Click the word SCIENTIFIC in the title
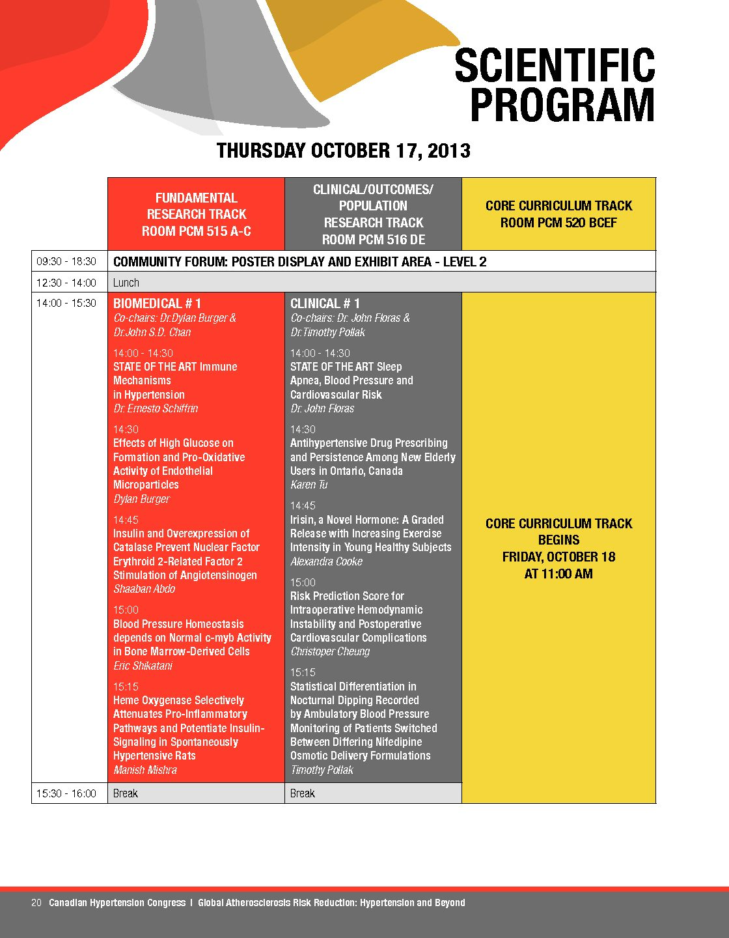(555, 65)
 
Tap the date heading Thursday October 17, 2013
(343, 150)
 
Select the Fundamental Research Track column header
(196, 214)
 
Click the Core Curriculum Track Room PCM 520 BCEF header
(558, 214)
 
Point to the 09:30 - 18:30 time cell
(66, 261)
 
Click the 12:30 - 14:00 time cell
(66, 283)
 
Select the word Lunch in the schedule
(126, 283)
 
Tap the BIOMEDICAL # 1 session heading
(157, 304)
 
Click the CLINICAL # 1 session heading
(325, 304)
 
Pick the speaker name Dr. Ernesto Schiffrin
(156, 408)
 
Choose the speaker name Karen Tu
(309, 485)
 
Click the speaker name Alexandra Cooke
(326, 561)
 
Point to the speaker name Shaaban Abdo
(144, 589)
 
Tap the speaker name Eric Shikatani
(143, 666)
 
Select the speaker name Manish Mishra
(145, 770)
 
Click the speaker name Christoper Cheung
(330, 651)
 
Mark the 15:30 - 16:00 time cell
(66, 793)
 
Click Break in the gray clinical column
(303, 793)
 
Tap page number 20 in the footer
(36, 903)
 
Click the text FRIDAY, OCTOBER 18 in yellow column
(558, 557)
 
